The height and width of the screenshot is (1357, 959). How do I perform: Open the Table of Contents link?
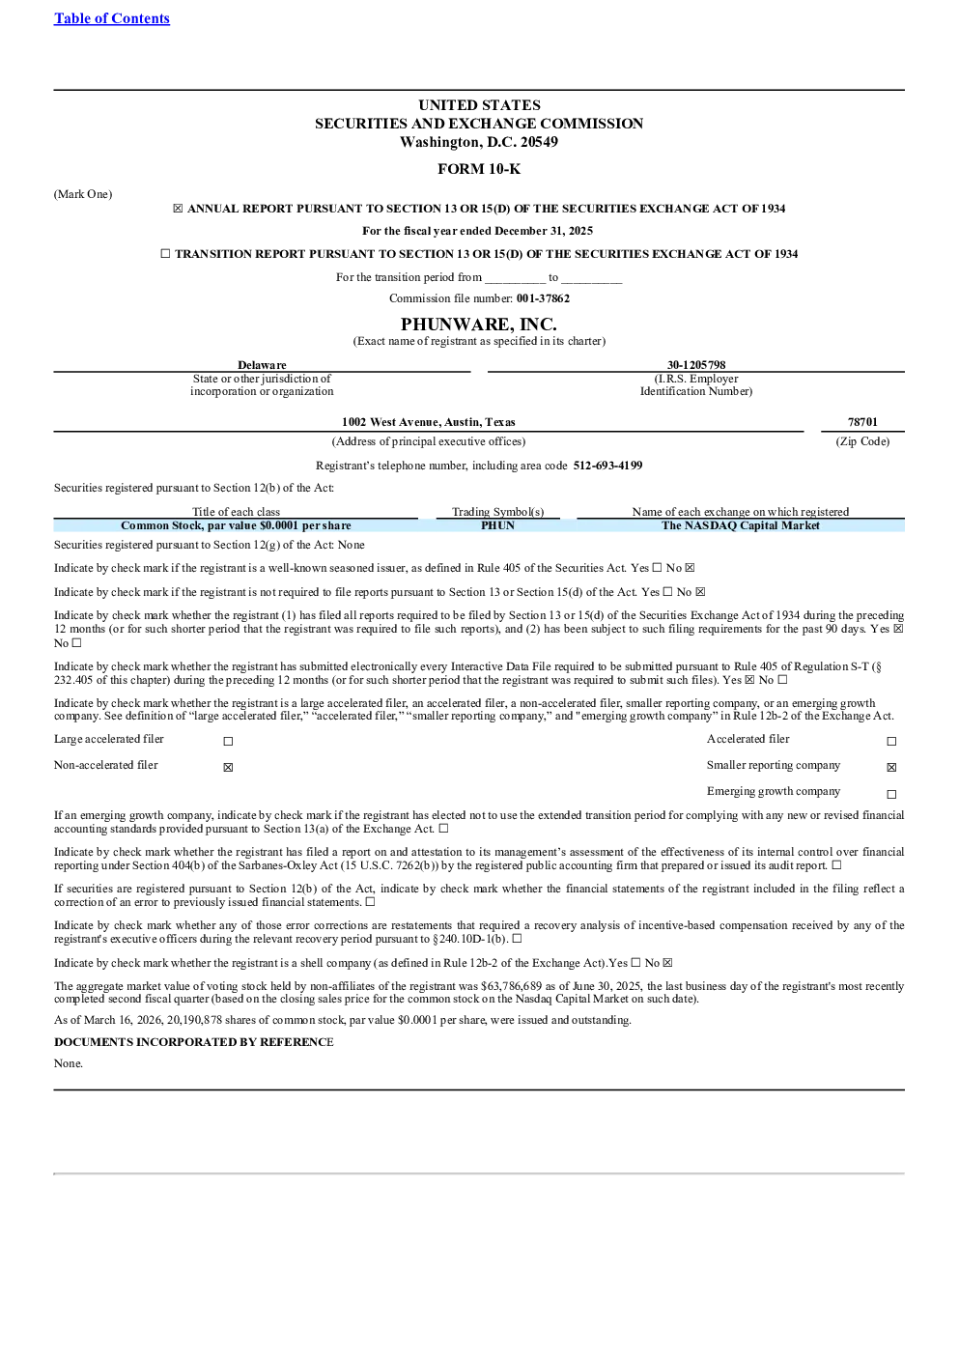(112, 18)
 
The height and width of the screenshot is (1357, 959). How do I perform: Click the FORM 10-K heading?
(479, 169)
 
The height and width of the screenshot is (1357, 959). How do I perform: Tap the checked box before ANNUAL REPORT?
(178, 209)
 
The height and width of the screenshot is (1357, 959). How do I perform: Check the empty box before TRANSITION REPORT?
(165, 254)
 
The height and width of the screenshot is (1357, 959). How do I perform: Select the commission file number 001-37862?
(543, 298)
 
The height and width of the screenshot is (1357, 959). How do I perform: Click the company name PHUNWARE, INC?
(479, 325)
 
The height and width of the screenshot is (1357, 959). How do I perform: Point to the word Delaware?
(262, 365)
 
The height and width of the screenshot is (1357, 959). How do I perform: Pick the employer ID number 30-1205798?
(696, 365)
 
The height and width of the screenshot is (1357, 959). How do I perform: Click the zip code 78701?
(862, 422)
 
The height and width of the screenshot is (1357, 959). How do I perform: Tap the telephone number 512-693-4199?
(607, 466)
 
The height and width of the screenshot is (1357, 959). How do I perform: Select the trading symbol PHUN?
(498, 525)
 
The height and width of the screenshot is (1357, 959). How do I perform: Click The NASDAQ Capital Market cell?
(741, 525)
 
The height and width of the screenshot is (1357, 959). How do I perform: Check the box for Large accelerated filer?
(228, 741)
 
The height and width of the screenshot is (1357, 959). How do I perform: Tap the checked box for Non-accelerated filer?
(228, 768)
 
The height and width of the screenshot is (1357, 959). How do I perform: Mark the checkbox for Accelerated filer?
(891, 741)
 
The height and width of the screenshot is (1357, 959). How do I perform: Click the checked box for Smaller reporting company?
(891, 768)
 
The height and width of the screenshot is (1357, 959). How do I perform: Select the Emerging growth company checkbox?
(891, 794)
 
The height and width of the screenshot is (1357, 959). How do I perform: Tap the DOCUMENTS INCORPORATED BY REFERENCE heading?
(194, 1042)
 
